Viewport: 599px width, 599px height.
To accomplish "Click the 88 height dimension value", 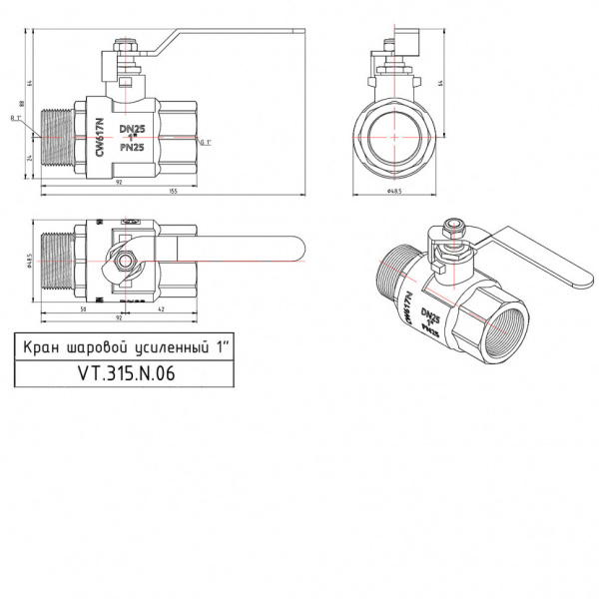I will point(22,103).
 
